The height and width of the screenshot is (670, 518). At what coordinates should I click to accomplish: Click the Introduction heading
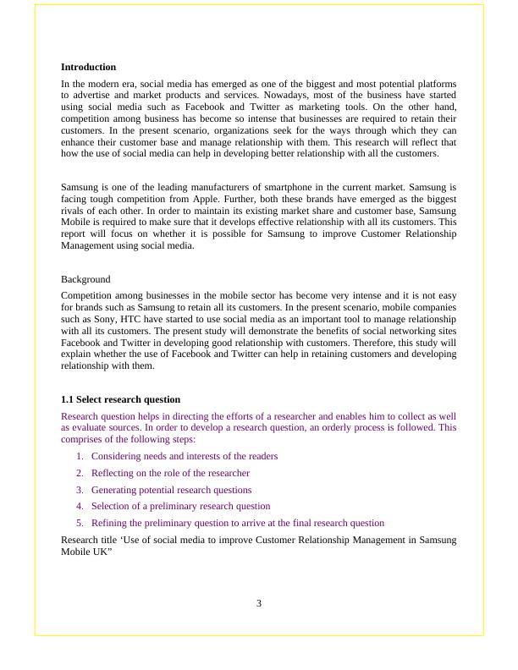coord(88,67)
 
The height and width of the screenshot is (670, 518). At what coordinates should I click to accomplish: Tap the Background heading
coord(85,278)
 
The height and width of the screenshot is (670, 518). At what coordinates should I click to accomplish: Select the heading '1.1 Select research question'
coord(120,399)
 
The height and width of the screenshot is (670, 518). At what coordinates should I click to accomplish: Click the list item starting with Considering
coord(185,456)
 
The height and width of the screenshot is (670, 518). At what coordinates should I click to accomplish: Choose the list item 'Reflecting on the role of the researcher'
coord(170,473)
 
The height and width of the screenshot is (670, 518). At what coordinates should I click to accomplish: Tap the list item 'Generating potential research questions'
coord(171,490)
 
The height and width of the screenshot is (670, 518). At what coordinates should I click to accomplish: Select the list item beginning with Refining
coord(237,523)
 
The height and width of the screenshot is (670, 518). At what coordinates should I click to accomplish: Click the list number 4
coord(80,506)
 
